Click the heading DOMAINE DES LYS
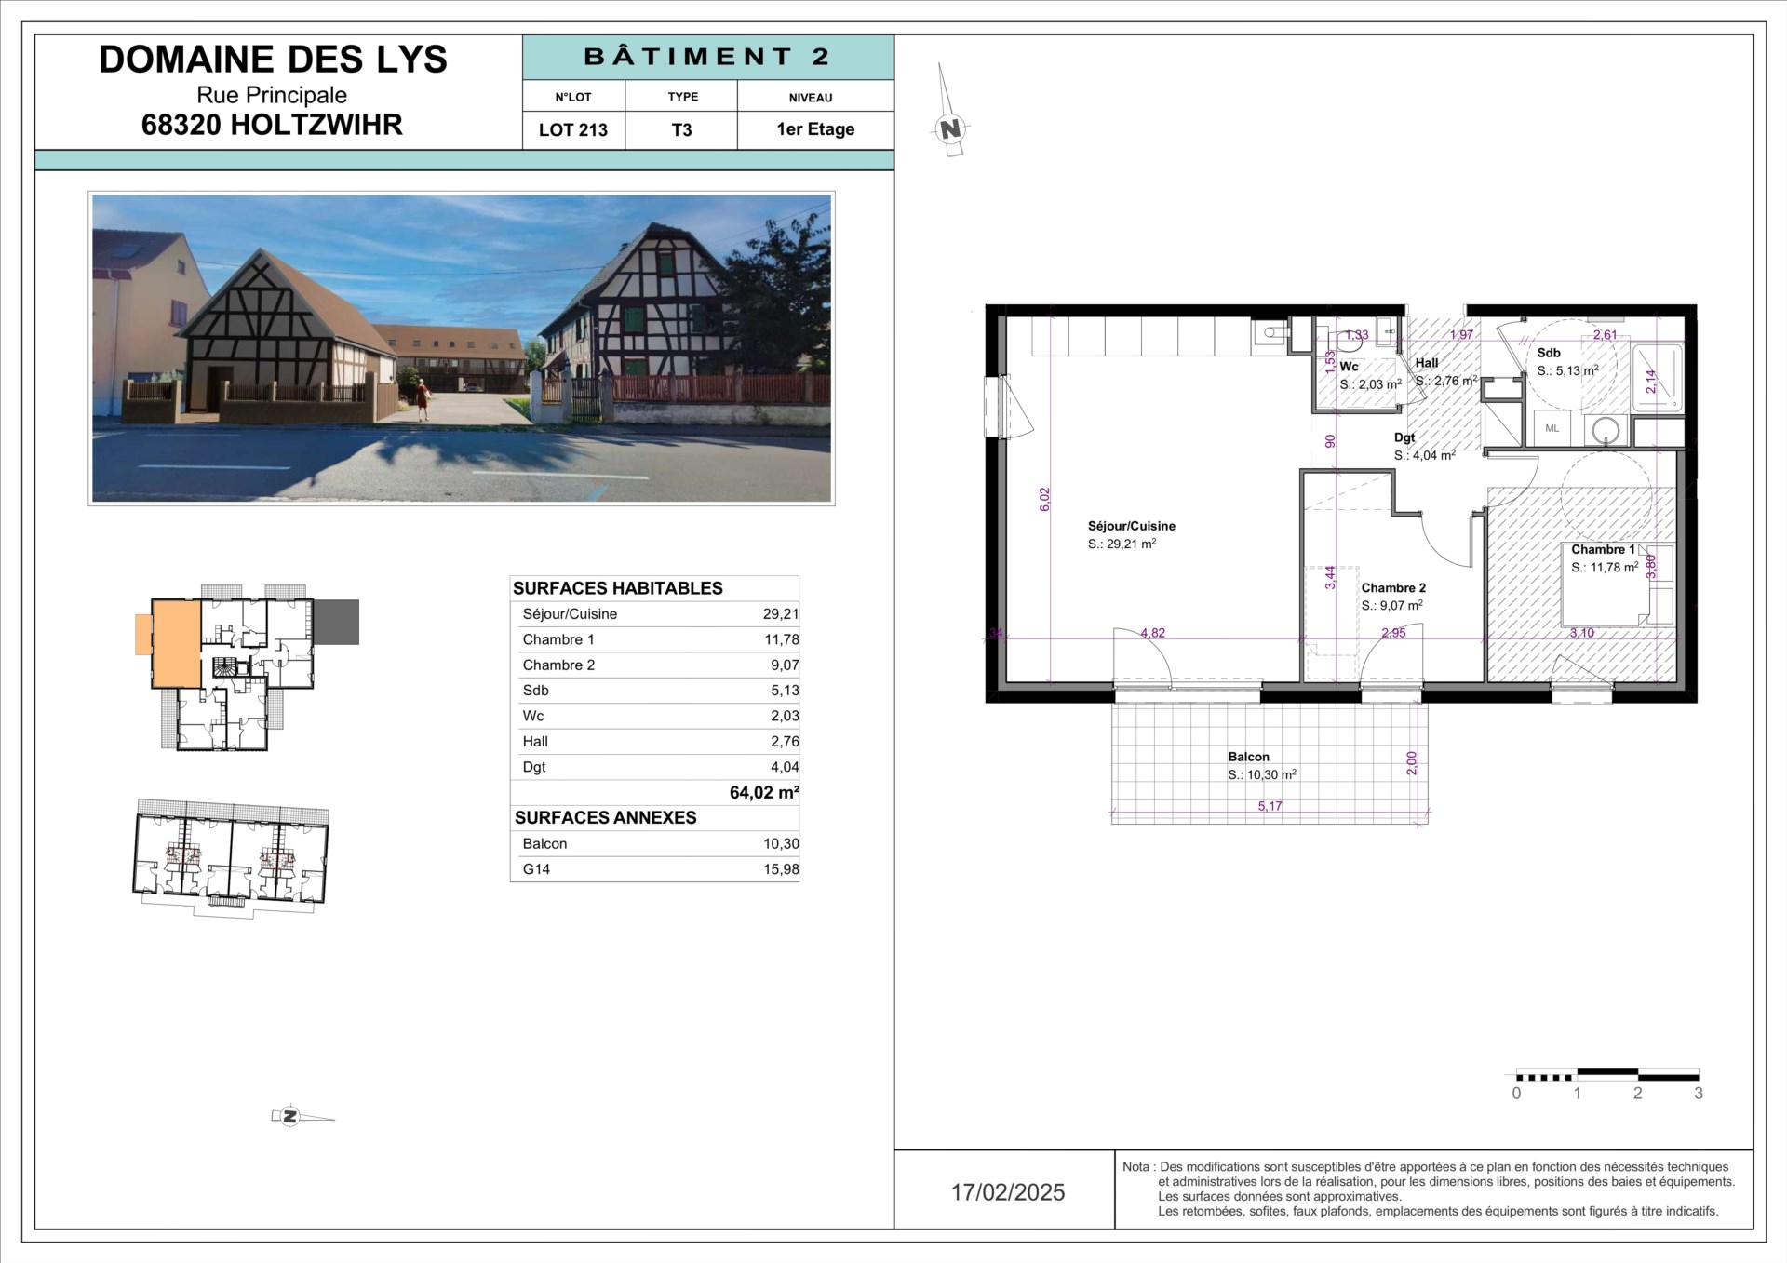tap(273, 60)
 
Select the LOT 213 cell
tap(573, 129)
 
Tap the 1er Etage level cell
tap(815, 129)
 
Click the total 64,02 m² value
tap(764, 793)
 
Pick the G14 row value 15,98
tap(781, 869)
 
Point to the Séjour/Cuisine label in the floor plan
tap(1132, 526)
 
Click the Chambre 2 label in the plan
tap(1393, 588)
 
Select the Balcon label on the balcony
tap(1248, 757)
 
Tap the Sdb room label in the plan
tap(1549, 353)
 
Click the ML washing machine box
tap(1552, 428)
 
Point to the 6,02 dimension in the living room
tap(1044, 500)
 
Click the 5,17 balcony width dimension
tap(1270, 806)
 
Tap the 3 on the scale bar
tap(1699, 1094)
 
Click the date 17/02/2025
tap(1008, 1192)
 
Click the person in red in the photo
tap(423, 401)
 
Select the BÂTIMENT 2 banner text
tap(707, 57)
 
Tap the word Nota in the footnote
tap(1136, 1167)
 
